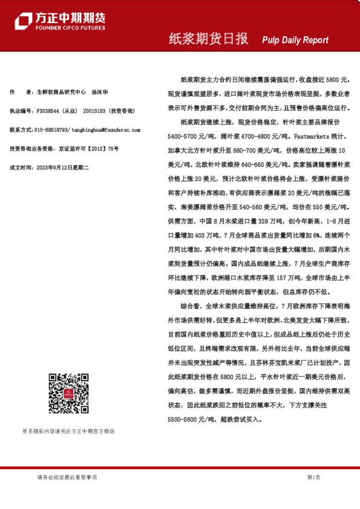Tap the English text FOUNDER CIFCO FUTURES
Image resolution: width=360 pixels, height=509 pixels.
pos(70,28)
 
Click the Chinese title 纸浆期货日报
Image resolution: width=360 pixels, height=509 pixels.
pos(208,39)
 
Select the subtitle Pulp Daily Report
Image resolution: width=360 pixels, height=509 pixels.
pos(295,40)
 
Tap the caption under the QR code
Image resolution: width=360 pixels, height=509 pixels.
pos(68,431)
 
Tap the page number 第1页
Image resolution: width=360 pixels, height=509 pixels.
pos(313,478)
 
